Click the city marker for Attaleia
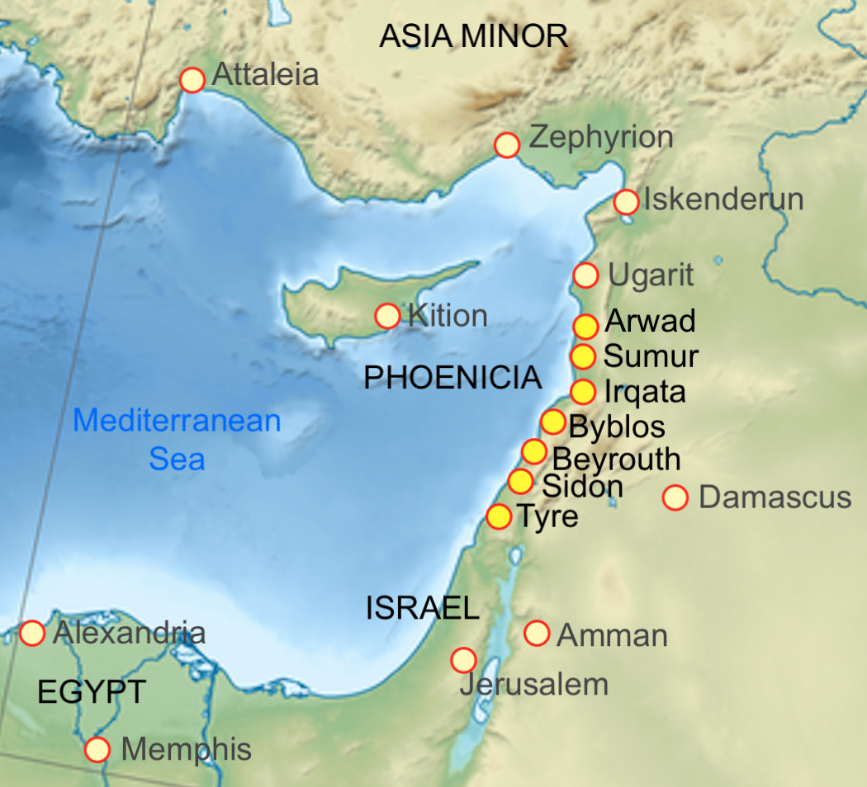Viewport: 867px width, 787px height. pos(192,80)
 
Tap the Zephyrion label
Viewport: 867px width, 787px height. pos(601,138)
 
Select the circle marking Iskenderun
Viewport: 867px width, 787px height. pos(627,201)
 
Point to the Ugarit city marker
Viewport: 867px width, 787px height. pos(585,276)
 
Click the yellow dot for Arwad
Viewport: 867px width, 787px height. pos(585,327)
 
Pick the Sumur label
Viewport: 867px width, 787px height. pos(651,357)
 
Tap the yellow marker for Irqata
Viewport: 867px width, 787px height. pos(584,391)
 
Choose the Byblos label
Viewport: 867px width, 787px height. pos(617,427)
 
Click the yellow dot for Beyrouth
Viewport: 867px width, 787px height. pos(534,451)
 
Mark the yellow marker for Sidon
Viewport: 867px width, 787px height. pos(520,481)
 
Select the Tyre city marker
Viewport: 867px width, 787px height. pos(499,517)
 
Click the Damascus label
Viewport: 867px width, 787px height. pos(775,497)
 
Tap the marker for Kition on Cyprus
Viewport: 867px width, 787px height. pos(387,315)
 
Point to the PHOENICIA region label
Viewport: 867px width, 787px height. pos(452,378)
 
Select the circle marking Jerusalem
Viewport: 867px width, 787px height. pos(463,660)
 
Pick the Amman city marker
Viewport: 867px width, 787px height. pos(538,634)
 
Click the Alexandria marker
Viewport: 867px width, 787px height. pos(32,634)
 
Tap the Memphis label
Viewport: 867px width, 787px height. pos(186,750)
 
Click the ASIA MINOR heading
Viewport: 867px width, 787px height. pos(474,36)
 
